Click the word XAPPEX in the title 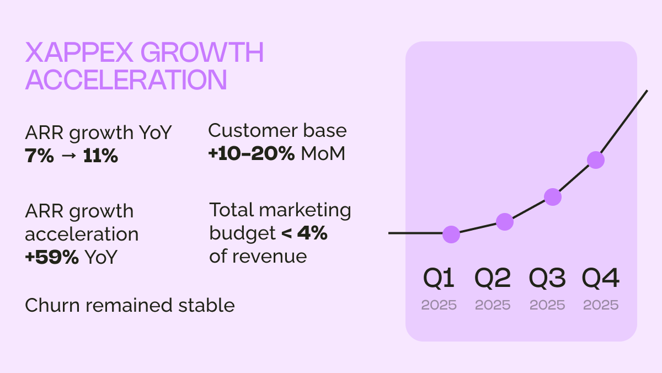[79, 54]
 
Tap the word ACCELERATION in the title [126, 80]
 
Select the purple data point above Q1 [451, 234]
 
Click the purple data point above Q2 [505, 222]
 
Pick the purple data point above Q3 [553, 197]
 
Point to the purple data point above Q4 [596, 160]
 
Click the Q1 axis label [439, 279]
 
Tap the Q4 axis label [601, 279]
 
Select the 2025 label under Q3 [547, 305]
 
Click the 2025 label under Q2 [493, 305]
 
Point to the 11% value [100, 156]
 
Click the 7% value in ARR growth [40, 156]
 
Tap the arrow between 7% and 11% [68, 157]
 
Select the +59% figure [52, 257]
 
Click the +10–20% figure [251, 154]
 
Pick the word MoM [323, 154]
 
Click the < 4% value [304, 233]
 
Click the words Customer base [277, 131]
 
